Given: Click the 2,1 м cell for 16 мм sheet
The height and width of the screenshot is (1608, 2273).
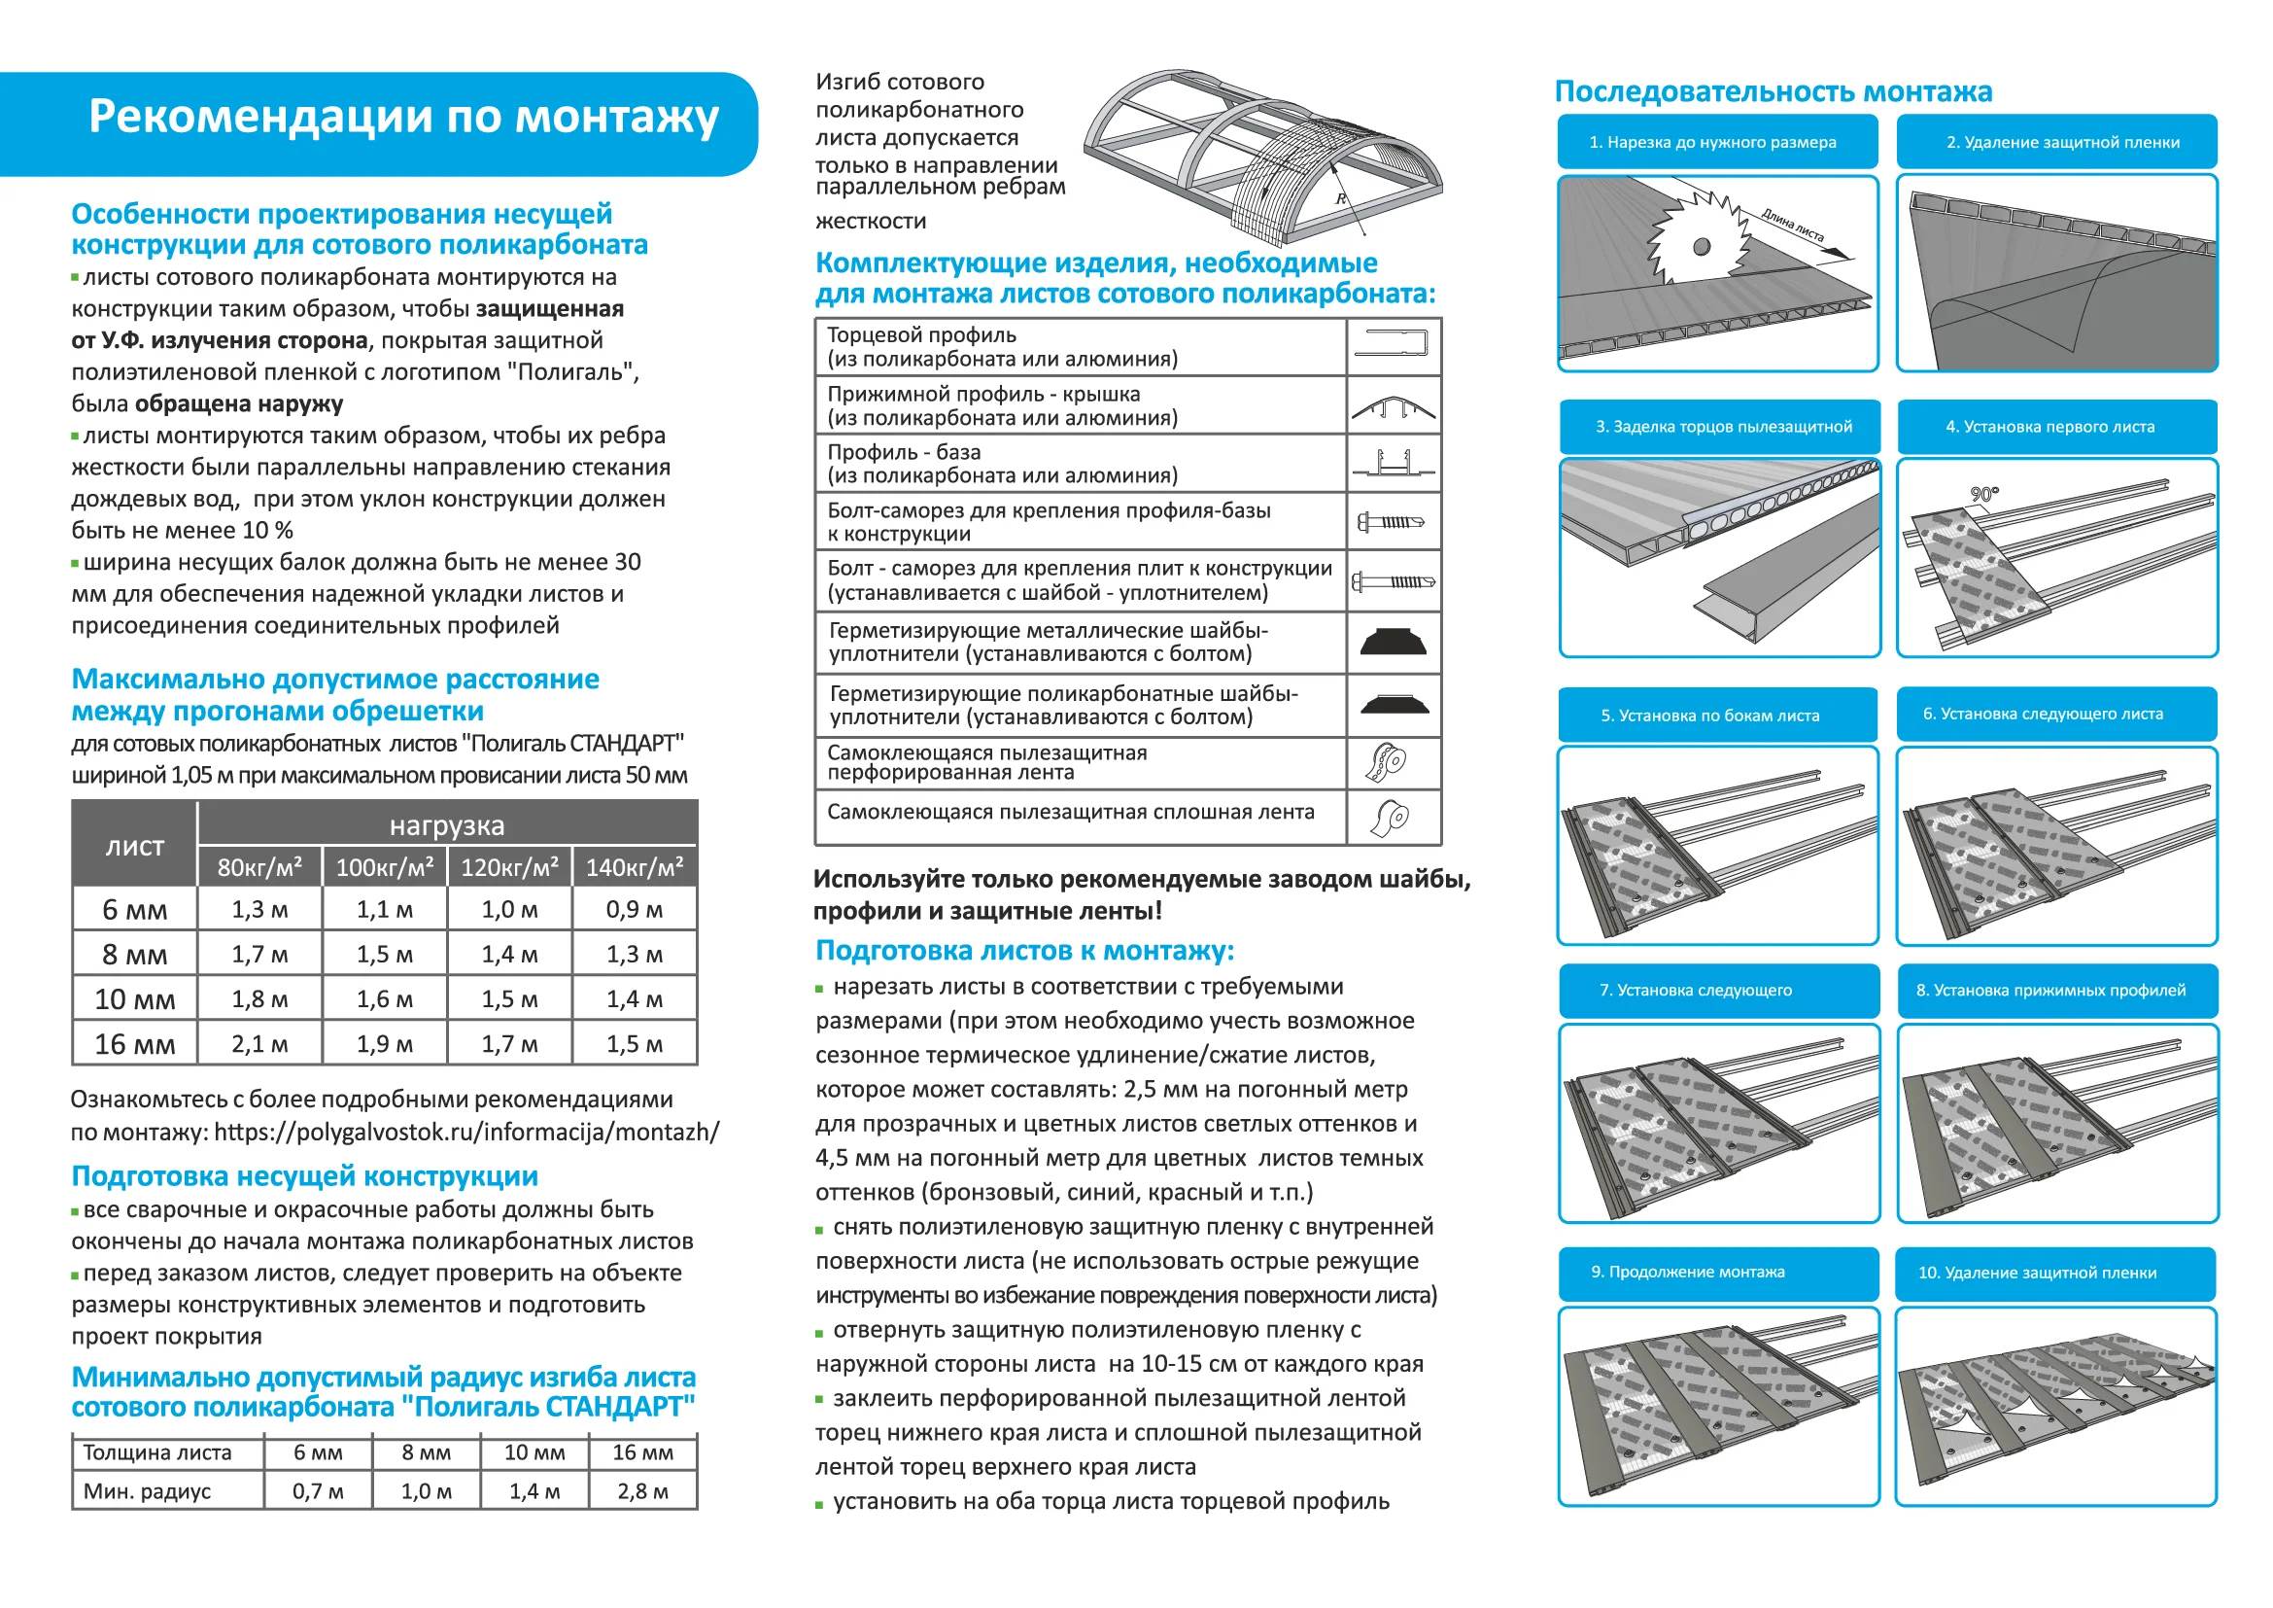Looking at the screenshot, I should [x=259, y=1043].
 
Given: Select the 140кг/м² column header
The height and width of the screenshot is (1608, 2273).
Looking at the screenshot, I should [x=635, y=867].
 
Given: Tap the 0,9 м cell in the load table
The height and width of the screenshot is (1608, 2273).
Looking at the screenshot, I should [x=635, y=909].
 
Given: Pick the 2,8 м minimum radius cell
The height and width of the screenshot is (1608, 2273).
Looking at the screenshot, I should [x=642, y=1491].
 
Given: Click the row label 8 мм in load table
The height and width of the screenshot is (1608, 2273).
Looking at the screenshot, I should [x=135, y=955].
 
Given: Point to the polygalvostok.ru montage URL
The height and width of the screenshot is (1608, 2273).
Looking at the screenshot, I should [x=466, y=1132].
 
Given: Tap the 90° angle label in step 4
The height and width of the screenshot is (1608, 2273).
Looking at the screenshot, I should [x=1984, y=494].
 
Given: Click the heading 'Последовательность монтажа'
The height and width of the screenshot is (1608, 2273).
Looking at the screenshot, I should [x=1773, y=92].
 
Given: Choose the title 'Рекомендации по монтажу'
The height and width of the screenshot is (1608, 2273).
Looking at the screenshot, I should [x=403, y=117].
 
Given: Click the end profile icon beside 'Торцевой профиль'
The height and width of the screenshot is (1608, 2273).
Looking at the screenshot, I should [x=1392, y=344].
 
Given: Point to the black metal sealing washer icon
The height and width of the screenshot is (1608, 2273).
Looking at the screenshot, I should [x=1393, y=642].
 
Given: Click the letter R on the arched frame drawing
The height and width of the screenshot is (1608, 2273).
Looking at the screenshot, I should [x=1340, y=199].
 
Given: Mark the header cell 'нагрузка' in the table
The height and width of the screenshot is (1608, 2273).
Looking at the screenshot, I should [x=446, y=824].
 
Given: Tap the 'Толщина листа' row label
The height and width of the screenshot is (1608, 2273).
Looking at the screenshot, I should [x=157, y=1452].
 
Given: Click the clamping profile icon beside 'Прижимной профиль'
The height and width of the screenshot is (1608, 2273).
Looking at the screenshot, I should [x=1393, y=407].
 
